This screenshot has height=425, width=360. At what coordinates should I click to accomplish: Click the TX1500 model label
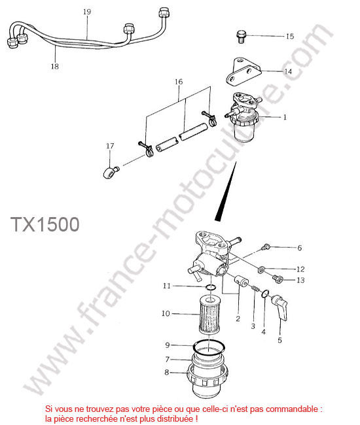point(45,224)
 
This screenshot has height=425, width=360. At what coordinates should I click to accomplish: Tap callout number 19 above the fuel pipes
point(87,12)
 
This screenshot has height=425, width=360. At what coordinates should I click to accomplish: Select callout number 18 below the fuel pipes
point(55,66)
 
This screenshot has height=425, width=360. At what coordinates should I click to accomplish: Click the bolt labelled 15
point(241,37)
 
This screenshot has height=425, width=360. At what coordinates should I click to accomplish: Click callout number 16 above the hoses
point(179,82)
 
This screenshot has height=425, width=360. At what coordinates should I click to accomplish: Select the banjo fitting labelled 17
point(111,171)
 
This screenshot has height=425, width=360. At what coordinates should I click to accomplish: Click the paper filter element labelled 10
point(209,315)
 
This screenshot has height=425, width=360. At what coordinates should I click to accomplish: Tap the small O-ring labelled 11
point(211,287)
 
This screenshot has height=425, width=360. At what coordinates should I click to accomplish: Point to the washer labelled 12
point(261,269)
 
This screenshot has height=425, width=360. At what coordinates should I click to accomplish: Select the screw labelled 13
point(277,278)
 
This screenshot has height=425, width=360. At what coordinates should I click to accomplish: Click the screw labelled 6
point(266,247)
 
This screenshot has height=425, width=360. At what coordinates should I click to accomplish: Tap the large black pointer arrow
point(226,191)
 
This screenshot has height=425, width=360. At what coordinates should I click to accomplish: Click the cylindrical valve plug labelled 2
point(241,280)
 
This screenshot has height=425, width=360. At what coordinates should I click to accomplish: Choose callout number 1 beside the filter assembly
point(285,117)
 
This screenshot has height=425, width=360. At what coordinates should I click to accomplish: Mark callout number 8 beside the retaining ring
point(166,373)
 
